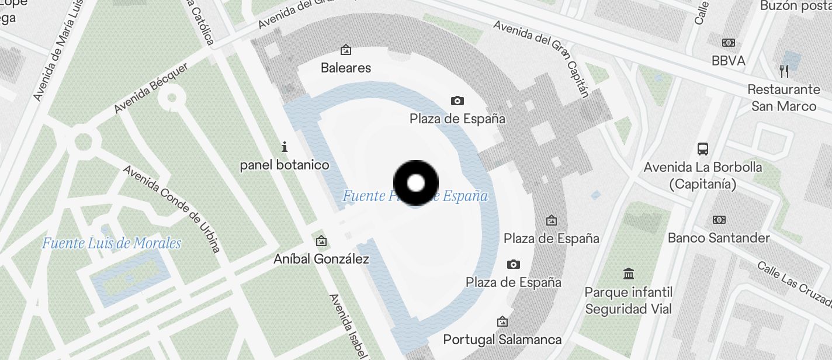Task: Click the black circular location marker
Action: pyautogui.click(x=415, y=183)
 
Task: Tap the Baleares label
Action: pyautogui.click(x=346, y=68)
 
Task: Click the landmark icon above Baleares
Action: pyautogui.click(x=346, y=50)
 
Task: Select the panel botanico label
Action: pyautogui.click(x=285, y=165)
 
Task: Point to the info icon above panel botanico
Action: pyautogui.click(x=285, y=146)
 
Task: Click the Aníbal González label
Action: pyautogui.click(x=321, y=259)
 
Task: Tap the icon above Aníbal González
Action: pyautogui.click(x=321, y=241)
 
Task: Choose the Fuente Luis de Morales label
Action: pyautogui.click(x=112, y=243)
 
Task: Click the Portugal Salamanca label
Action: pyautogui.click(x=502, y=340)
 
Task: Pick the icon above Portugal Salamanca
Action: pyautogui.click(x=502, y=321)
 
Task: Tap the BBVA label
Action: pyautogui.click(x=729, y=61)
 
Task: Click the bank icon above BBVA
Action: pyautogui.click(x=729, y=43)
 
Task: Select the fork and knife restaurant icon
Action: pyautogui.click(x=784, y=71)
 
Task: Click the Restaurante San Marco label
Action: pyautogui.click(x=784, y=98)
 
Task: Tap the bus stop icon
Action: pyautogui.click(x=703, y=148)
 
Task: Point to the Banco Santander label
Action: pyautogui.click(x=719, y=238)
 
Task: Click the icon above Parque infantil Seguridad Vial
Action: pyautogui.click(x=629, y=274)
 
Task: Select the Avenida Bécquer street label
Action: pyautogui.click(x=151, y=88)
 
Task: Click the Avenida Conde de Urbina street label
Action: pyautogui.click(x=172, y=209)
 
